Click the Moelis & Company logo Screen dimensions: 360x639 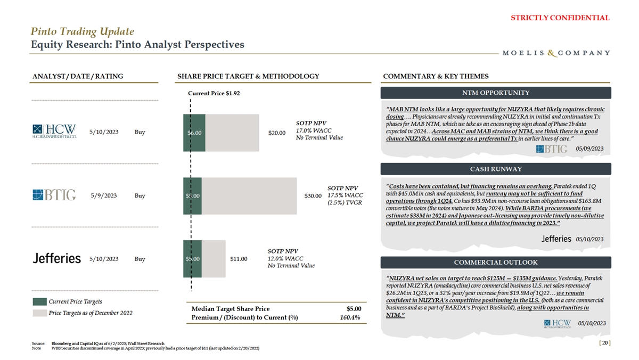click(556, 53)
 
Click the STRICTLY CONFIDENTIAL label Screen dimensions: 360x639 click(560, 18)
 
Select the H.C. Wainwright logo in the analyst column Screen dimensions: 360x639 click(54, 132)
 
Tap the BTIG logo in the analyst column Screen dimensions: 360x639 click(54, 195)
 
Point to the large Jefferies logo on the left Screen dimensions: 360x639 click(56, 259)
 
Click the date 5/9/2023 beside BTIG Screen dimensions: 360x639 click(103, 195)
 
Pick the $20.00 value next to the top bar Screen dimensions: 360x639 click(277, 133)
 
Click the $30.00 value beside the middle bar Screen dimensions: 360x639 click(313, 196)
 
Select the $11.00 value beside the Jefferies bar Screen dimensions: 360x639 click(239, 259)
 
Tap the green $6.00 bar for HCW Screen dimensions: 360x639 click(194, 133)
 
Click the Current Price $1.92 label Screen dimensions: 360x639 click(214, 93)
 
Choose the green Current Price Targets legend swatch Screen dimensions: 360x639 click(39, 302)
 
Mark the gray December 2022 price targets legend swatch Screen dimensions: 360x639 click(39, 313)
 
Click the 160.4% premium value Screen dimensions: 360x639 click(350, 318)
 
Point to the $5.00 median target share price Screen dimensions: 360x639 click(354, 308)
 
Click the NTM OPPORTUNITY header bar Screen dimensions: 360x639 click(496, 93)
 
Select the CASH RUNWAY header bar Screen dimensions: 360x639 click(496, 169)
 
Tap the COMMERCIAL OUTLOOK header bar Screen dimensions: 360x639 click(496, 263)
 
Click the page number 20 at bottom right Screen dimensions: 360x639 click(604, 343)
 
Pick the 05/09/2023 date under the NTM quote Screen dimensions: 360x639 click(589, 149)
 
